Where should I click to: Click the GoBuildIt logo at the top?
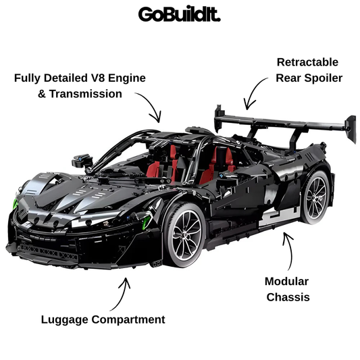tap(179, 14)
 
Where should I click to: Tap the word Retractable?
tap(307, 62)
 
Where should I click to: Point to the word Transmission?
tap(85, 94)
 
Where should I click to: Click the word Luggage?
tap(65, 320)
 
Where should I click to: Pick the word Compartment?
tap(128, 320)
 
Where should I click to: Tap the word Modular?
tap(286, 282)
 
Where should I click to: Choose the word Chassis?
tap(288, 297)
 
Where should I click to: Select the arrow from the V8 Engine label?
tap(152, 103)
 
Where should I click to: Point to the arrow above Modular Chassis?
tap(290, 251)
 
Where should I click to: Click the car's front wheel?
tap(185, 234)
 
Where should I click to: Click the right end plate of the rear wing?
tap(351, 129)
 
